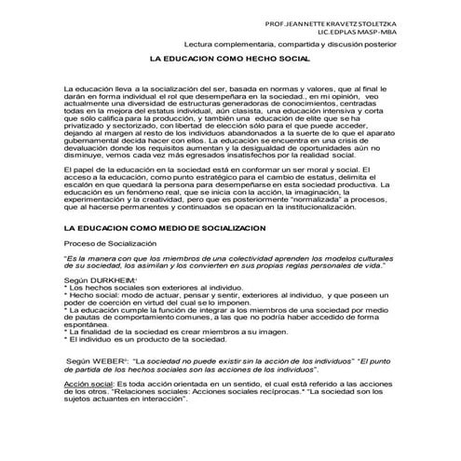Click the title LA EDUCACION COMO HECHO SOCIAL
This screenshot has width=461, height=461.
(x=229, y=58)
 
